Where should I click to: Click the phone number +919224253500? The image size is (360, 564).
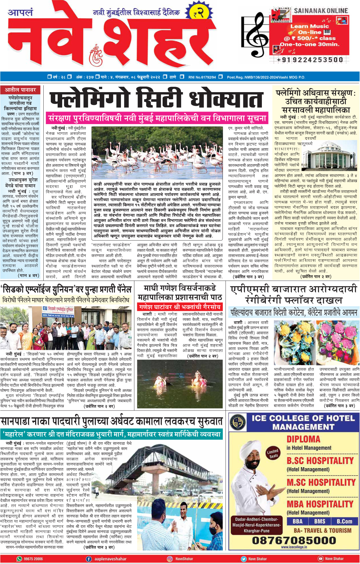click(310, 60)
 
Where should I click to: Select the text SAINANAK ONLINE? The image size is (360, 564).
click(321, 11)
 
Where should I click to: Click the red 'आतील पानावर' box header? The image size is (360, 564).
click(21, 90)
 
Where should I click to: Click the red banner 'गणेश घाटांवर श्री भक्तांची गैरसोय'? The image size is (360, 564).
click(180, 307)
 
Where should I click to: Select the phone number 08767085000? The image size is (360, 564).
click(294, 540)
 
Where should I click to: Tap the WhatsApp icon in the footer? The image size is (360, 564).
click(19, 559)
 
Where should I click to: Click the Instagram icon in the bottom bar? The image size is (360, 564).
click(170, 559)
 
